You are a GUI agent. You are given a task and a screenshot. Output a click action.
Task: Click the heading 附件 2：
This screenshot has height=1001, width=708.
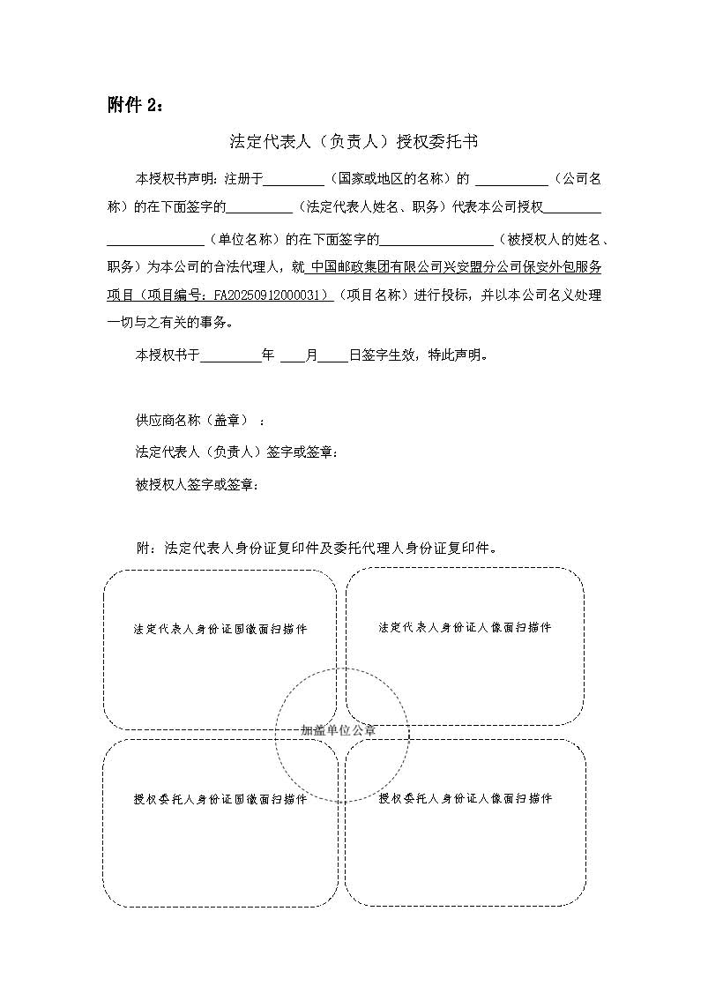(135, 105)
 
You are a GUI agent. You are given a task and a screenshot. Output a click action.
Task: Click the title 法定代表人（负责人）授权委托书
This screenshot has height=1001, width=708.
(354, 140)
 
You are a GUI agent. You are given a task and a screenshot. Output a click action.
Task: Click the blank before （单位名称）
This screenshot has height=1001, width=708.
(156, 238)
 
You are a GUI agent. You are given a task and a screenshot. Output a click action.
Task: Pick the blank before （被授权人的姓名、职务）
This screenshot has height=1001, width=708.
(437, 238)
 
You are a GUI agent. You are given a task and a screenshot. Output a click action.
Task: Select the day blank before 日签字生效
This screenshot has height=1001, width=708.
(332, 355)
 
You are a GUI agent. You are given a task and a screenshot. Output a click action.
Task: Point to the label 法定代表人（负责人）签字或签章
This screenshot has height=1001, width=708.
(235, 452)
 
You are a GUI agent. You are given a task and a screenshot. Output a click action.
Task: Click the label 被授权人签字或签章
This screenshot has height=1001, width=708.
(197, 484)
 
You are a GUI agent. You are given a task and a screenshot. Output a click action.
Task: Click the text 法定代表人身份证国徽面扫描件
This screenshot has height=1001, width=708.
(220, 630)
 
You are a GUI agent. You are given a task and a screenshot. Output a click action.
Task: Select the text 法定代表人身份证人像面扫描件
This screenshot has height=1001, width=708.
(465, 627)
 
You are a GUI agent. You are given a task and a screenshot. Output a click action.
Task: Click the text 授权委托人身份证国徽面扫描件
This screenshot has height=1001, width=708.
(220, 799)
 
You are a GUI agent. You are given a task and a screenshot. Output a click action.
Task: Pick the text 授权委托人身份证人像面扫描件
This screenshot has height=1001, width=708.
(465, 798)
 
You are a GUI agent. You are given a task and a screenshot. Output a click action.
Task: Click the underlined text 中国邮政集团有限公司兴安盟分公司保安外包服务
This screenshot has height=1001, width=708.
(457, 267)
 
